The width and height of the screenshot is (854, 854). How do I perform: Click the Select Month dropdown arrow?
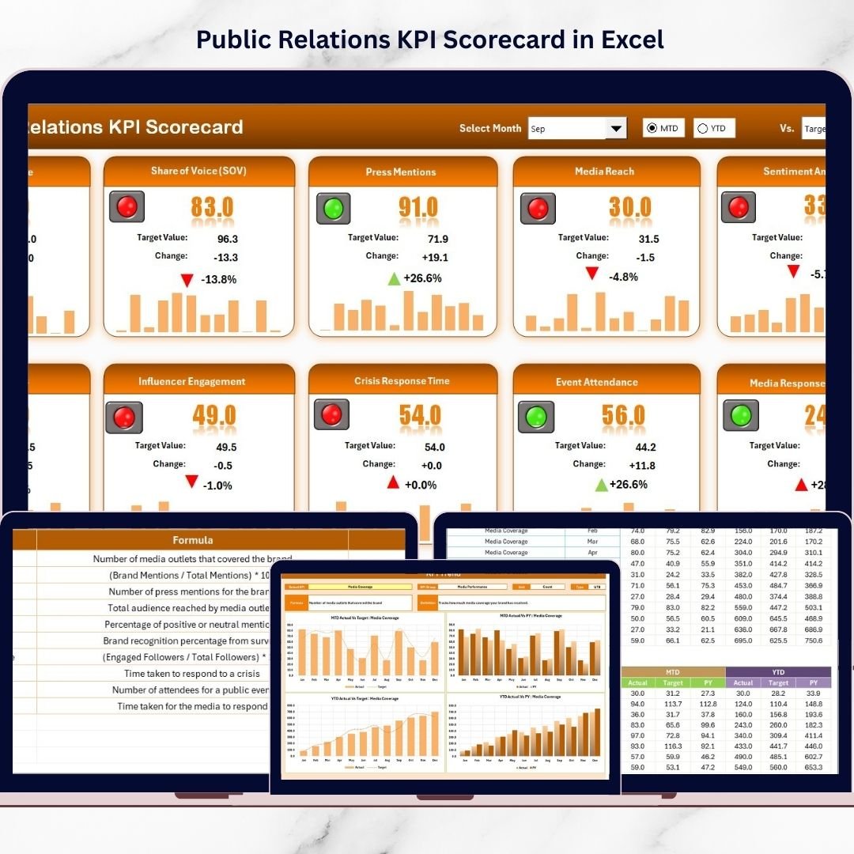tap(615, 128)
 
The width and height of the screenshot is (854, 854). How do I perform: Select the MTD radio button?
tap(652, 128)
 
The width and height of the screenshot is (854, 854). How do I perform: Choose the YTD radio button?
tap(703, 128)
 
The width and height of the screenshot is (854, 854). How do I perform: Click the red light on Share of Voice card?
tap(127, 207)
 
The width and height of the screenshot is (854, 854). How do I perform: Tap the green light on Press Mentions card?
tap(333, 208)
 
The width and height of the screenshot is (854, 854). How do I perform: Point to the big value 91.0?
tap(418, 207)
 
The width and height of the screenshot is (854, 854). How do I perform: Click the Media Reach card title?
tap(604, 171)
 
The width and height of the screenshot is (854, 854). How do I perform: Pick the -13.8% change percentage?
tap(218, 279)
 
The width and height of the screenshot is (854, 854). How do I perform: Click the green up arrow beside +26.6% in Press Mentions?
tap(394, 278)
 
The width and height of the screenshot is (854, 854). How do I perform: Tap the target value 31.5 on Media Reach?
tap(648, 239)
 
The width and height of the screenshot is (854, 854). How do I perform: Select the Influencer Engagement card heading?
tap(192, 381)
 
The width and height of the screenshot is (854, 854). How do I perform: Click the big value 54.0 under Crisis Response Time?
tap(420, 415)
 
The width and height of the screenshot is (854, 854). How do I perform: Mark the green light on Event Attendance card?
tap(535, 417)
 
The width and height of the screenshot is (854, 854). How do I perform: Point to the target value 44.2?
tap(645, 447)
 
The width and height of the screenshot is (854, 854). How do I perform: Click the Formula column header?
tap(192, 540)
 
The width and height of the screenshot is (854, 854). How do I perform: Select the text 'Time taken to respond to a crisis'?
tap(191, 674)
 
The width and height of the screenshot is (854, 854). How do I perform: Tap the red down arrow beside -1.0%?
tap(191, 482)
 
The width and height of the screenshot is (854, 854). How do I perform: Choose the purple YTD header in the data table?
tap(778, 671)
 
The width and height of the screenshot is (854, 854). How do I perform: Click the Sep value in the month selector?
tap(538, 129)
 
